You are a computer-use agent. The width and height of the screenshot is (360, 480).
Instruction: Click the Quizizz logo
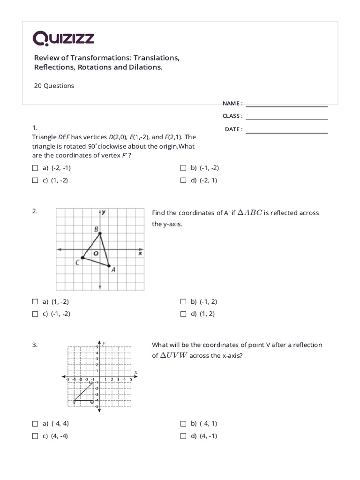point(63,38)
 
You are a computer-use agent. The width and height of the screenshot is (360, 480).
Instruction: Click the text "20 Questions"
point(54,86)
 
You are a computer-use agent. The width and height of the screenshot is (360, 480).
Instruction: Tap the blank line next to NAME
point(286,104)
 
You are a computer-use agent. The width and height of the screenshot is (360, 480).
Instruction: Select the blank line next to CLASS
point(286,116)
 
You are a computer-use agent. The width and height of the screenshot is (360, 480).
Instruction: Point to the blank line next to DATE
point(286,130)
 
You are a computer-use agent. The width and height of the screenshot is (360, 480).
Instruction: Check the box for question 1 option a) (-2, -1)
point(35,168)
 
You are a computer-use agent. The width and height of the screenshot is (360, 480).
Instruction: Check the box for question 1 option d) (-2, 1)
point(183,180)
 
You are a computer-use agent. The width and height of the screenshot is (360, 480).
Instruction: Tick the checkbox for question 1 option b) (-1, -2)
point(183,168)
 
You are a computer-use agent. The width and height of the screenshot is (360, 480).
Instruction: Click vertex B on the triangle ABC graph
point(100,233)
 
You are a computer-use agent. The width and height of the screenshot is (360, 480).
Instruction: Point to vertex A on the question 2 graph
point(109,266)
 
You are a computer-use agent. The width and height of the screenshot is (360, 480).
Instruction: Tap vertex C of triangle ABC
point(82,257)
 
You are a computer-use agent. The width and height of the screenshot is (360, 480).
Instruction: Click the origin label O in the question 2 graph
point(96,254)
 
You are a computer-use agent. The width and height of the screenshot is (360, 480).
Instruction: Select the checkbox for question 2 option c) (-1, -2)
point(35,315)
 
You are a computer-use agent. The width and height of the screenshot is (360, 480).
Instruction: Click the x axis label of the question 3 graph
point(135,373)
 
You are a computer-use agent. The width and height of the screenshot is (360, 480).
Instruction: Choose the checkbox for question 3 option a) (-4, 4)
point(35,424)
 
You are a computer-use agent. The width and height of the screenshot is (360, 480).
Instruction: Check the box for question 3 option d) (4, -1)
point(183,436)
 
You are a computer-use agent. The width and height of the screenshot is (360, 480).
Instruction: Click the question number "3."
point(35,345)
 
